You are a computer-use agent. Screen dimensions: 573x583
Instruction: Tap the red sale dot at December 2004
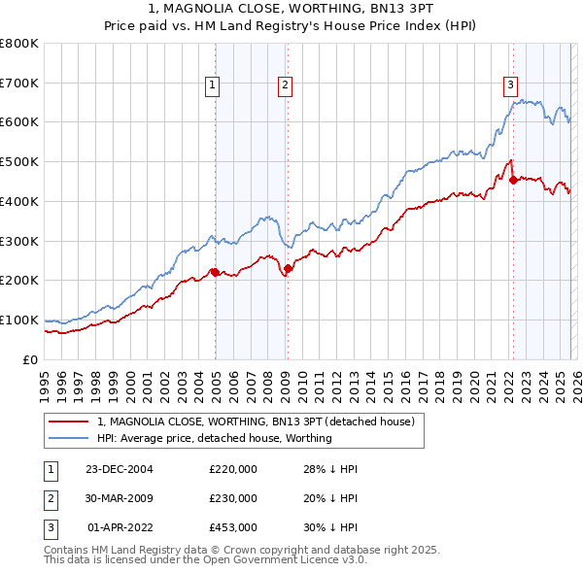coord(215,272)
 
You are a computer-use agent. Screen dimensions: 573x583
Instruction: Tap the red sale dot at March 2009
coord(288,268)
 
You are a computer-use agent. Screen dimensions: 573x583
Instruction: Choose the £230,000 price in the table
coord(233,498)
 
